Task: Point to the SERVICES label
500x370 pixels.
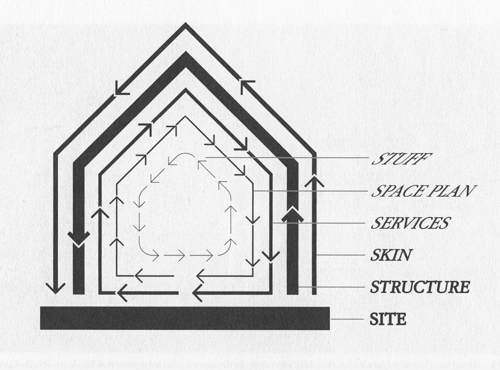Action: point(410,223)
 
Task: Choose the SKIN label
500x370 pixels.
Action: point(390,255)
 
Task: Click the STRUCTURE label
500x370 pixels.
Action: point(419,287)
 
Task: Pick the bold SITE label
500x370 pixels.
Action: point(388,319)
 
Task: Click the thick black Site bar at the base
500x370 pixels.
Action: point(185,318)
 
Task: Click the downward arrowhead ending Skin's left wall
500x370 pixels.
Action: point(55,287)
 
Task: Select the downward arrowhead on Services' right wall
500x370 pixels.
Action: point(271,256)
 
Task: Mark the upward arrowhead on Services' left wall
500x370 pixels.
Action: point(100,213)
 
